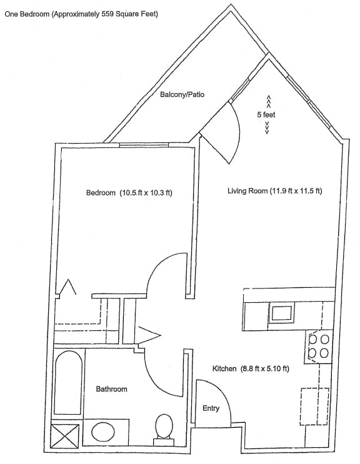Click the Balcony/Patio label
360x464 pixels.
(182, 95)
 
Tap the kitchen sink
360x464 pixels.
(281, 312)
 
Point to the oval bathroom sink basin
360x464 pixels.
(103, 433)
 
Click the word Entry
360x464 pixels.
(211, 408)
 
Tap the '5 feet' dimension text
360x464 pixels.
(266, 114)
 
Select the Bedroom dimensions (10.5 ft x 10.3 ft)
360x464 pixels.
(146, 193)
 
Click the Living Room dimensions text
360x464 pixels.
(296, 191)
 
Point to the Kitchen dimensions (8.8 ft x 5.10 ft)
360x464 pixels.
(264, 368)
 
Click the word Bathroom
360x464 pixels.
(112, 389)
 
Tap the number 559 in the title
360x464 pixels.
(107, 14)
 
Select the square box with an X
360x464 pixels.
(65, 437)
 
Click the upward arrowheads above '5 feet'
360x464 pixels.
(269, 101)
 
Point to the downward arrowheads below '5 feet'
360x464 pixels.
(267, 127)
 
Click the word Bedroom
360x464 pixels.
(101, 193)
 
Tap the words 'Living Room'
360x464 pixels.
(247, 191)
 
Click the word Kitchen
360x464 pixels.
(224, 368)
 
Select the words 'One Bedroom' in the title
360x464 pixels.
(27, 14)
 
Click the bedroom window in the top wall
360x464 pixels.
(144, 145)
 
